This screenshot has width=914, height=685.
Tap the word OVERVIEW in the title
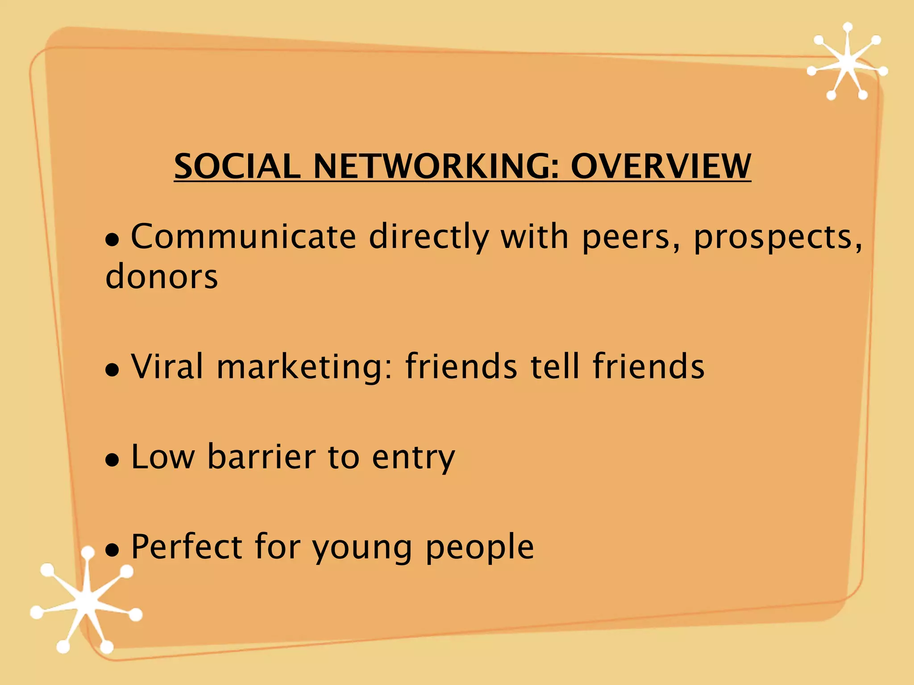click(661, 166)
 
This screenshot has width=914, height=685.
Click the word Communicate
click(243, 236)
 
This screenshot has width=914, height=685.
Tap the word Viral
click(167, 367)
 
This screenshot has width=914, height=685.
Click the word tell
click(555, 367)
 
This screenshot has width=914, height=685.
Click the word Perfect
click(187, 547)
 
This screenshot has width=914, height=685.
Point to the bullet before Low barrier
click(112, 460)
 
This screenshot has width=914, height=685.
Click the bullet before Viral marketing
click(112, 370)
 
